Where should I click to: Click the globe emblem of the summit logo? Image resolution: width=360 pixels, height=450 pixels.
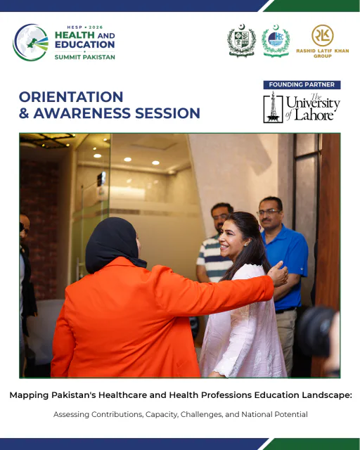pyautogui.click(x=31, y=42)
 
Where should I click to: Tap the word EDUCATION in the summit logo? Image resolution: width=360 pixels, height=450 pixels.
pyautogui.click(x=84, y=44)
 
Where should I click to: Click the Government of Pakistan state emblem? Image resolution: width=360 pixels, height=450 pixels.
pyautogui.click(x=241, y=41)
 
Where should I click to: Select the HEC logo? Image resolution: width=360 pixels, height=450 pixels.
pyautogui.click(x=276, y=41)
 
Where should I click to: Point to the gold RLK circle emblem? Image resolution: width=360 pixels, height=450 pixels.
pyautogui.click(x=323, y=35)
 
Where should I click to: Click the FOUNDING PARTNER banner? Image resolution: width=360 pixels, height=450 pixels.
pyautogui.click(x=302, y=84)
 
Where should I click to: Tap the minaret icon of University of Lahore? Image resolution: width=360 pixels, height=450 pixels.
pyautogui.click(x=273, y=108)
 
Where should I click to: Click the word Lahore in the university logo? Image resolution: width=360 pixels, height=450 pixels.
pyautogui.click(x=314, y=115)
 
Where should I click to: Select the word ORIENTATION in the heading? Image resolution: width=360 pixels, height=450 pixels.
pyautogui.click(x=71, y=97)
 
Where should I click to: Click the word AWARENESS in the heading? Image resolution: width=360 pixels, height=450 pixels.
pyautogui.click(x=82, y=113)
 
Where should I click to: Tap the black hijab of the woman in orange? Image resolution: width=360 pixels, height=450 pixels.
pyautogui.click(x=114, y=244)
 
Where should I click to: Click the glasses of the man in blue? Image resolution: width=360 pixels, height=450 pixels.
pyautogui.click(x=269, y=212)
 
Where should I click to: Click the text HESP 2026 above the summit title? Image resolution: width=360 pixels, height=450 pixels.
pyautogui.click(x=84, y=27)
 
